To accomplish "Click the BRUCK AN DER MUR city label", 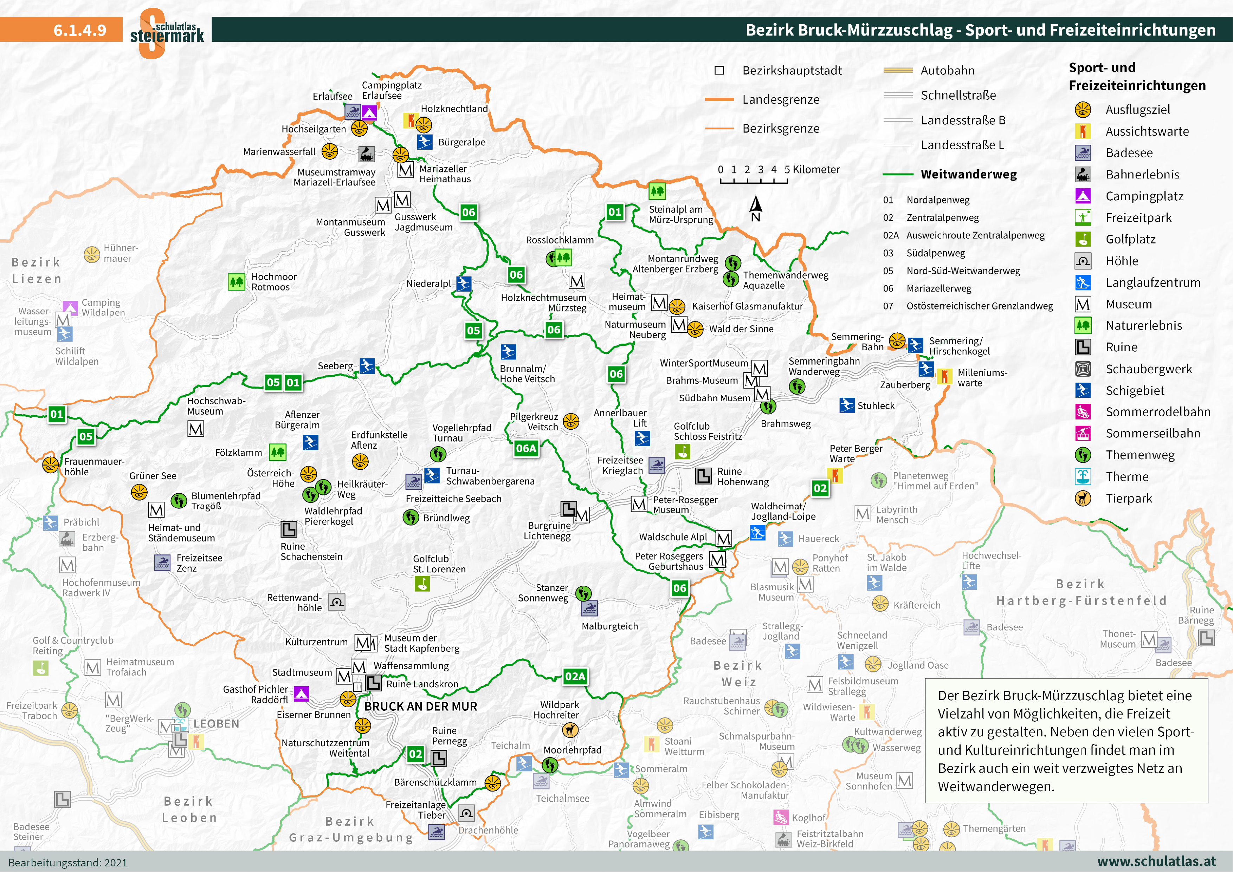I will [420, 706].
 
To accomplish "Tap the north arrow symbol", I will [756, 208].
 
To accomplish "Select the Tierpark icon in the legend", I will [1083, 498].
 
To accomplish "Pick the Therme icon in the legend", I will [1083, 476].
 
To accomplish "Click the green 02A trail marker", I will [575, 676].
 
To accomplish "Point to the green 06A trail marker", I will [526, 448].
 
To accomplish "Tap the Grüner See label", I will [153, 476].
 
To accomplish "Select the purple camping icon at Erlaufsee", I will [369, 112].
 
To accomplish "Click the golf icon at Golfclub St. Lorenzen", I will [422, 584].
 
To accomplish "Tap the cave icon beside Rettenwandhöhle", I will [337, 602].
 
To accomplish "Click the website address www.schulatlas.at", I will [1156, 861].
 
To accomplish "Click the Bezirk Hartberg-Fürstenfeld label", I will [1081, 592].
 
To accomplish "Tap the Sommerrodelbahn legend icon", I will [1083, 412].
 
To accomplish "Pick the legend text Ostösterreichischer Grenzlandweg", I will [980, 306].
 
